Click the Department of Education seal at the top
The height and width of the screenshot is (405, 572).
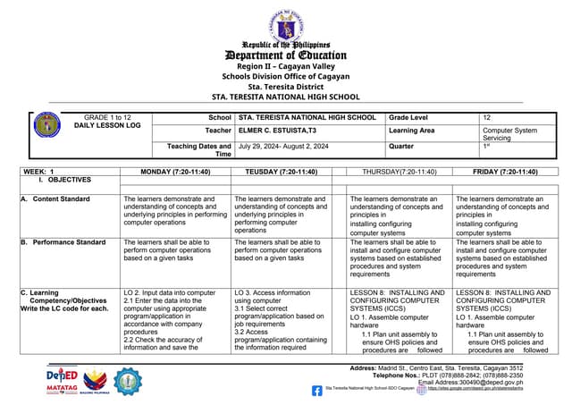286,24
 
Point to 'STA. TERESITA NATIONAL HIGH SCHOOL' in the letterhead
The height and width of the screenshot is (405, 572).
286,97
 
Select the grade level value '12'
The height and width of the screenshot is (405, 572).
486,117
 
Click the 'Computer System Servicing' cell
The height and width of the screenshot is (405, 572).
509,134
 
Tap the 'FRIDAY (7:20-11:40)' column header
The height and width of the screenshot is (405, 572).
504,171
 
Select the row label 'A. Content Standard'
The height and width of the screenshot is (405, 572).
55,199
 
